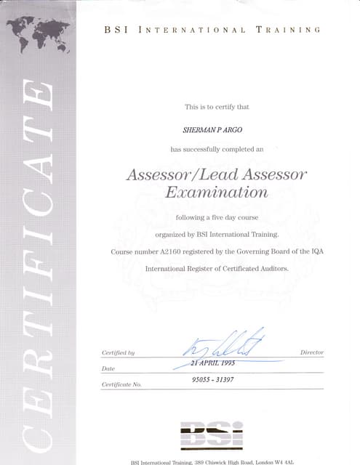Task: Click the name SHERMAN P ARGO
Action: pos(217,130)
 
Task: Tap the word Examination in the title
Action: pos(217,193)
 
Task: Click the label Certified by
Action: pos(118,353)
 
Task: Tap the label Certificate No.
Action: pos(121,384)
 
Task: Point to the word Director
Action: pos(311,352)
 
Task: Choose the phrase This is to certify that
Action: pos(217,107)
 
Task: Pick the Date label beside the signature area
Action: pos(108,368)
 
